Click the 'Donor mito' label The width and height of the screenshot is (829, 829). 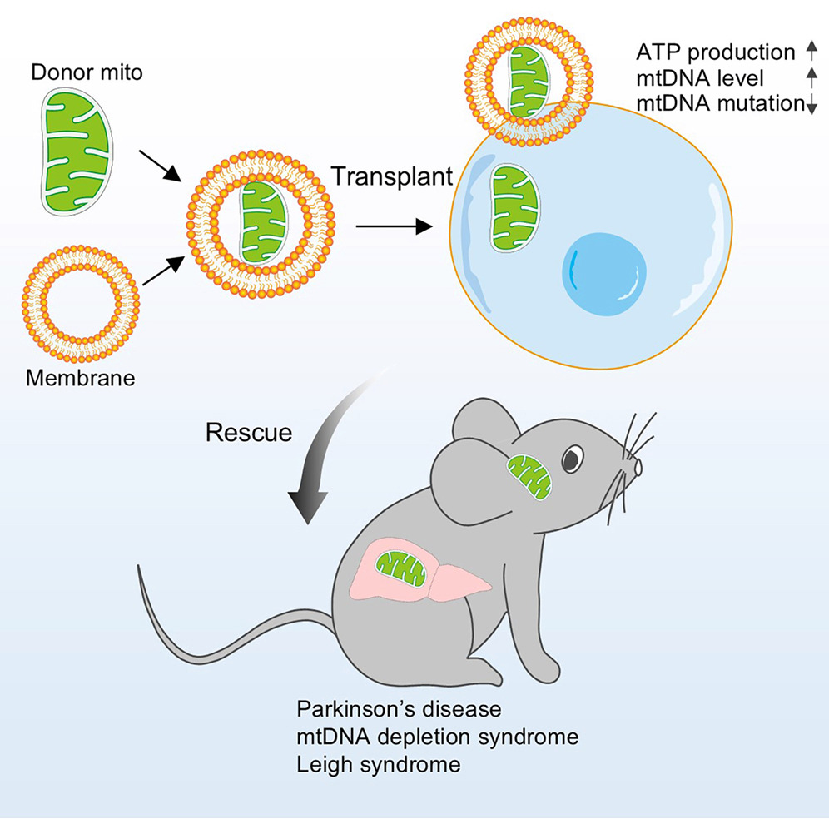87,73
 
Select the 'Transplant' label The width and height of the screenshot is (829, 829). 392,176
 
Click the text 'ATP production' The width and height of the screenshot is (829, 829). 715,53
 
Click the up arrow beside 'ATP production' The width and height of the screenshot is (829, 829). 812,52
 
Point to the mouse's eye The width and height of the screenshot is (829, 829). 573,458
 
